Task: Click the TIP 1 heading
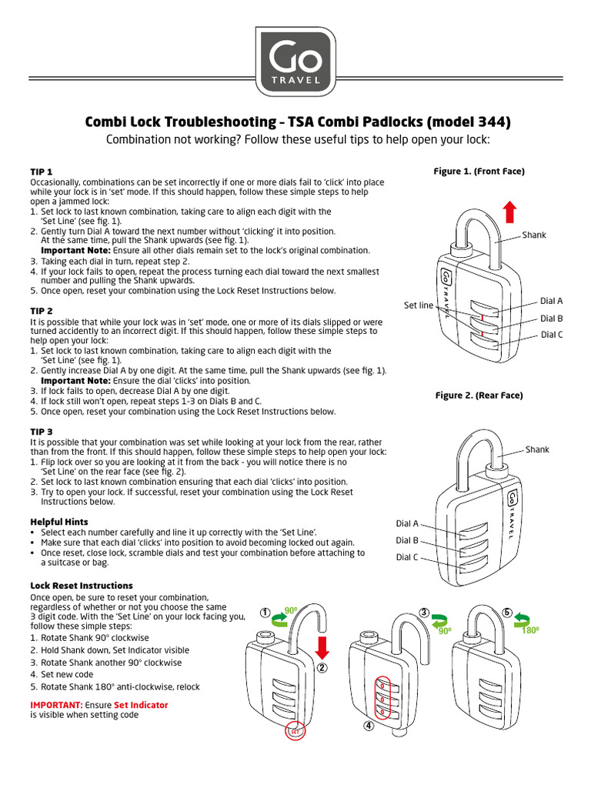point(41,171)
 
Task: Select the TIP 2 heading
point(41,310)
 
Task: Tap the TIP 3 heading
point(41,432)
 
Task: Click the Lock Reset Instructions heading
point(81,586)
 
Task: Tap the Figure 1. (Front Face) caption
point(479,172)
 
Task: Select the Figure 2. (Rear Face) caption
point(479,396)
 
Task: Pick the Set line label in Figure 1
point(419,306)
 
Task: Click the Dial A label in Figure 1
point(551,301)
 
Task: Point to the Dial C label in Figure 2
point(407,557)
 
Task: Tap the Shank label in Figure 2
point(537,449)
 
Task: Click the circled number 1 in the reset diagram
point(265,613)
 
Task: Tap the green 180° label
point(530,630)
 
